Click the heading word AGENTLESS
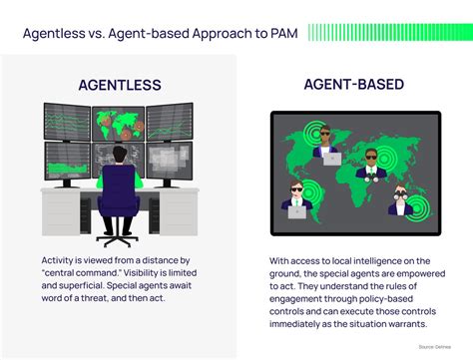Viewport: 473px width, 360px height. (x=120, y=84)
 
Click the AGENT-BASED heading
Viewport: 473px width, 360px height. (x=354, y=86)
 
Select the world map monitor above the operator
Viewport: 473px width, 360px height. (x=120, y=122)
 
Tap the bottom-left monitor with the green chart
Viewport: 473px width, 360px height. (x=68, y=158)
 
